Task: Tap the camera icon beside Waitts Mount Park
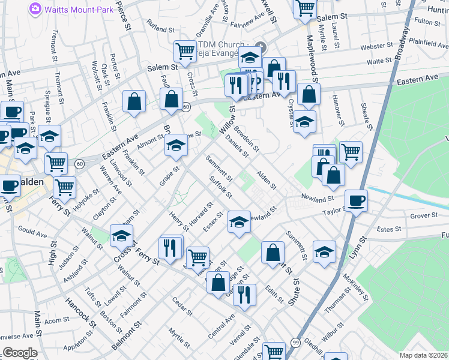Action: pos(35,8)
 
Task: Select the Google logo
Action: pos(19,353)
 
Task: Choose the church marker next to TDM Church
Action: pos(261,47)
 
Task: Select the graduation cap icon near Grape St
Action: pos(176,146)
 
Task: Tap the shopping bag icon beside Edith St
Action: pos(273,252)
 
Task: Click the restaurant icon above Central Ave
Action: pos(244,294)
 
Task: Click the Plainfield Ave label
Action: pos(428,43)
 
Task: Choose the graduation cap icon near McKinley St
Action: pos(324,252)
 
